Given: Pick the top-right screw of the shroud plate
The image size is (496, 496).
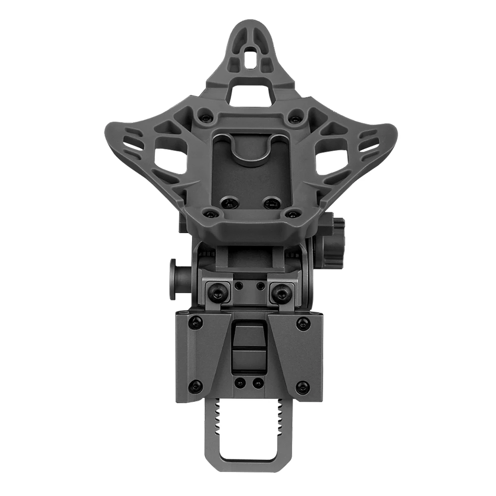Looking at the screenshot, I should pyautogui.click(x=295, y=119).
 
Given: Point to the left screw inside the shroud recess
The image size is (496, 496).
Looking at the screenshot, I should pyautogui.click(x=228, y=202).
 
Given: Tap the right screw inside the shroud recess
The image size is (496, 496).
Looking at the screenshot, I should pyautogui.click(x=270, y=202).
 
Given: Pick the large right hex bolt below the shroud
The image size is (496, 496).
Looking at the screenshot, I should pyautogui.click(x=281, y=294).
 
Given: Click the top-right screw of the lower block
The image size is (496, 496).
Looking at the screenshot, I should pyautogui.click(x=302, y=324).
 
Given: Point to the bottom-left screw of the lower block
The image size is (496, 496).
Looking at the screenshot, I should pyautogui.click(x=195, y=385).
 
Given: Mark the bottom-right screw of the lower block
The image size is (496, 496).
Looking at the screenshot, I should pyautogui.click(x=302, y=387).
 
